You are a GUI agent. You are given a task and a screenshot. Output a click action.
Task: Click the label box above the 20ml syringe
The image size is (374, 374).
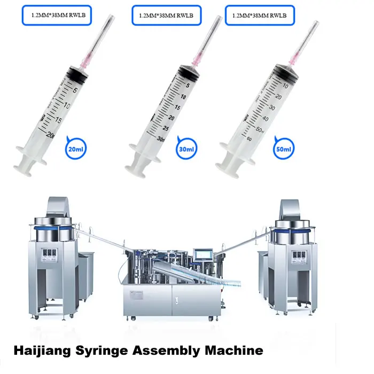pos(57,15)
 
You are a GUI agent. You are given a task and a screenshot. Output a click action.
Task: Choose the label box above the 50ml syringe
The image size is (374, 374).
pos(260,15)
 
